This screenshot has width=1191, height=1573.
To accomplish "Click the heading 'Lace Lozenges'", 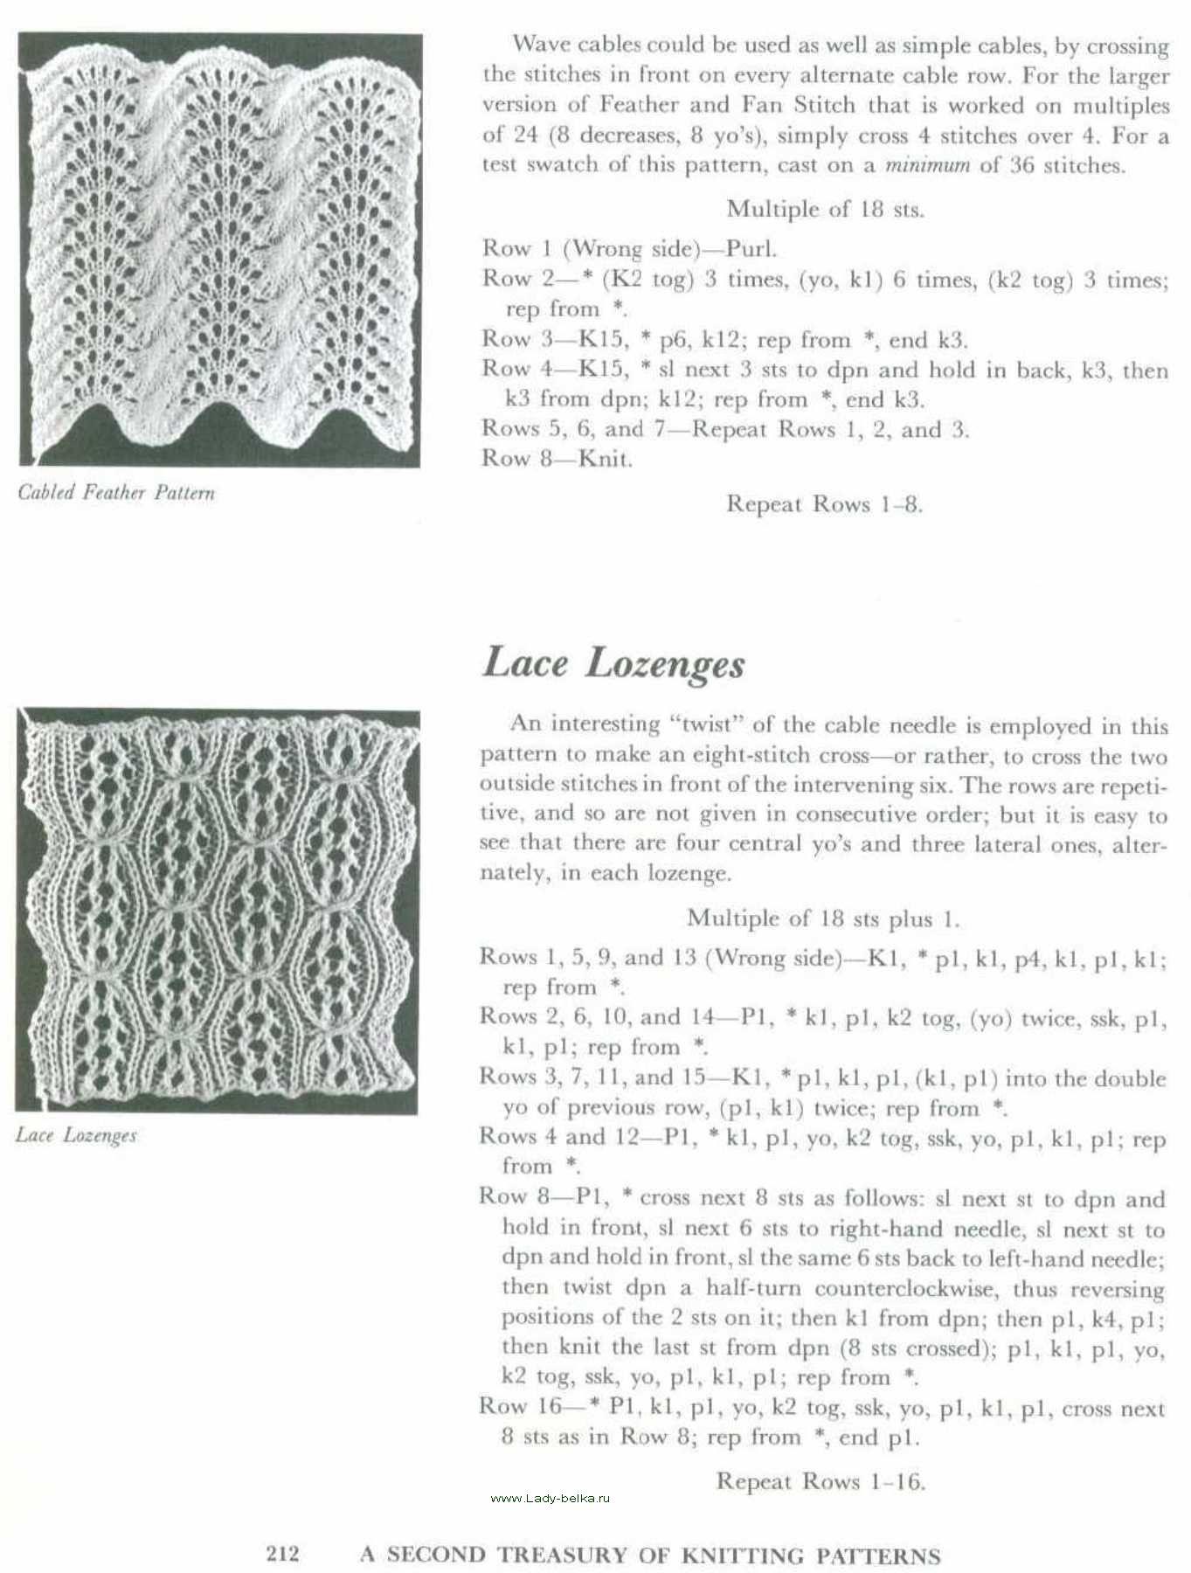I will point(613,663).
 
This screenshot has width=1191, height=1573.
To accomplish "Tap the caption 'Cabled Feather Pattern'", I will point(116,493).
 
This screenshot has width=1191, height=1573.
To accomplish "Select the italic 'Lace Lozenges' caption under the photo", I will point(77,1135).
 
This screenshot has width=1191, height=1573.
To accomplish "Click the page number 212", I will point(282,1553).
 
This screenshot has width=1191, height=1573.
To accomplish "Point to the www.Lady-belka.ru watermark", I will point(550,1498).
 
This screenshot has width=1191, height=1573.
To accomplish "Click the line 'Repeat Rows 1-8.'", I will point(824,504).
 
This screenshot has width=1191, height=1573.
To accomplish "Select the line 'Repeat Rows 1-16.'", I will point(821,1481).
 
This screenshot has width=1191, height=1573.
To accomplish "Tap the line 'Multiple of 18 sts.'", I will point(825,210).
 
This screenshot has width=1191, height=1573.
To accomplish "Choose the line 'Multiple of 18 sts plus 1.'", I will point(823,918).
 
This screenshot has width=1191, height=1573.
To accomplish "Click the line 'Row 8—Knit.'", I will point(557,459).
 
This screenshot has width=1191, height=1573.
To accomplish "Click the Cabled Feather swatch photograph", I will point(220,250).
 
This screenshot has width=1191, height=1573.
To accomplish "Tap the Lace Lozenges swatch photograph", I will point(217,911).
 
